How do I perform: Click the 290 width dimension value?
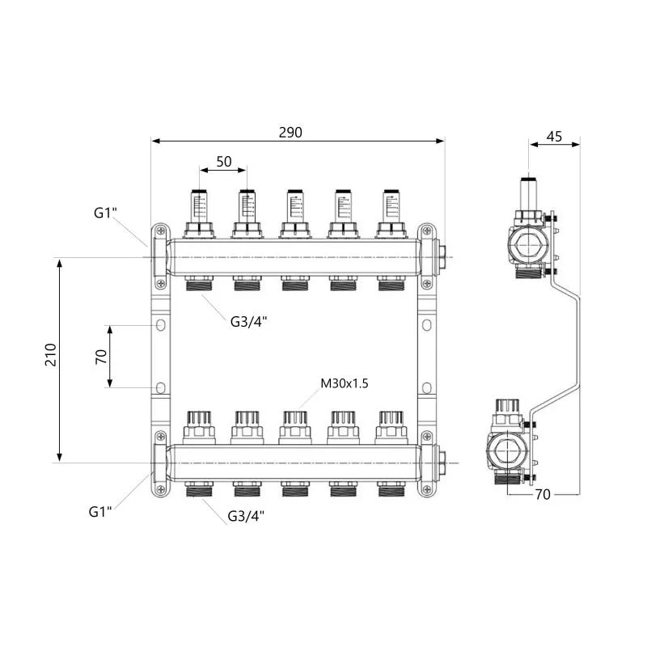click(290, 133)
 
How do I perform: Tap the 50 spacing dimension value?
click(224, 161)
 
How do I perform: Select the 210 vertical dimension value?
click(51, 354)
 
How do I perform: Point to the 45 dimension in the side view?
click(554, 136)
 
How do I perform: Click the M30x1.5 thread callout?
click(345, 383)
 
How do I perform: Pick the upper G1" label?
click(105, 213)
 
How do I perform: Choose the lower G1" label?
click(100, 512)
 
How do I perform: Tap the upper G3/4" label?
click(248, 321)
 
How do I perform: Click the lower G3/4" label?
click(246, 516)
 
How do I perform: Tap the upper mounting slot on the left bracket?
click(160, 325)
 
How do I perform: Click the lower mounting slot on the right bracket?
click(427, 388)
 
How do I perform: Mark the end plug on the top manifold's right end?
click(441, 257)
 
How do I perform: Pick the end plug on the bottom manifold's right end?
click(441, 463)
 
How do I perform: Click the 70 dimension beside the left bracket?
click(101, 357)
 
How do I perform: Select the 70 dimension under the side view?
click(543, 494)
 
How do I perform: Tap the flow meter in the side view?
click(529, 193)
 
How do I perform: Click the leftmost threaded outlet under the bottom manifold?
click(199, 488)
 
